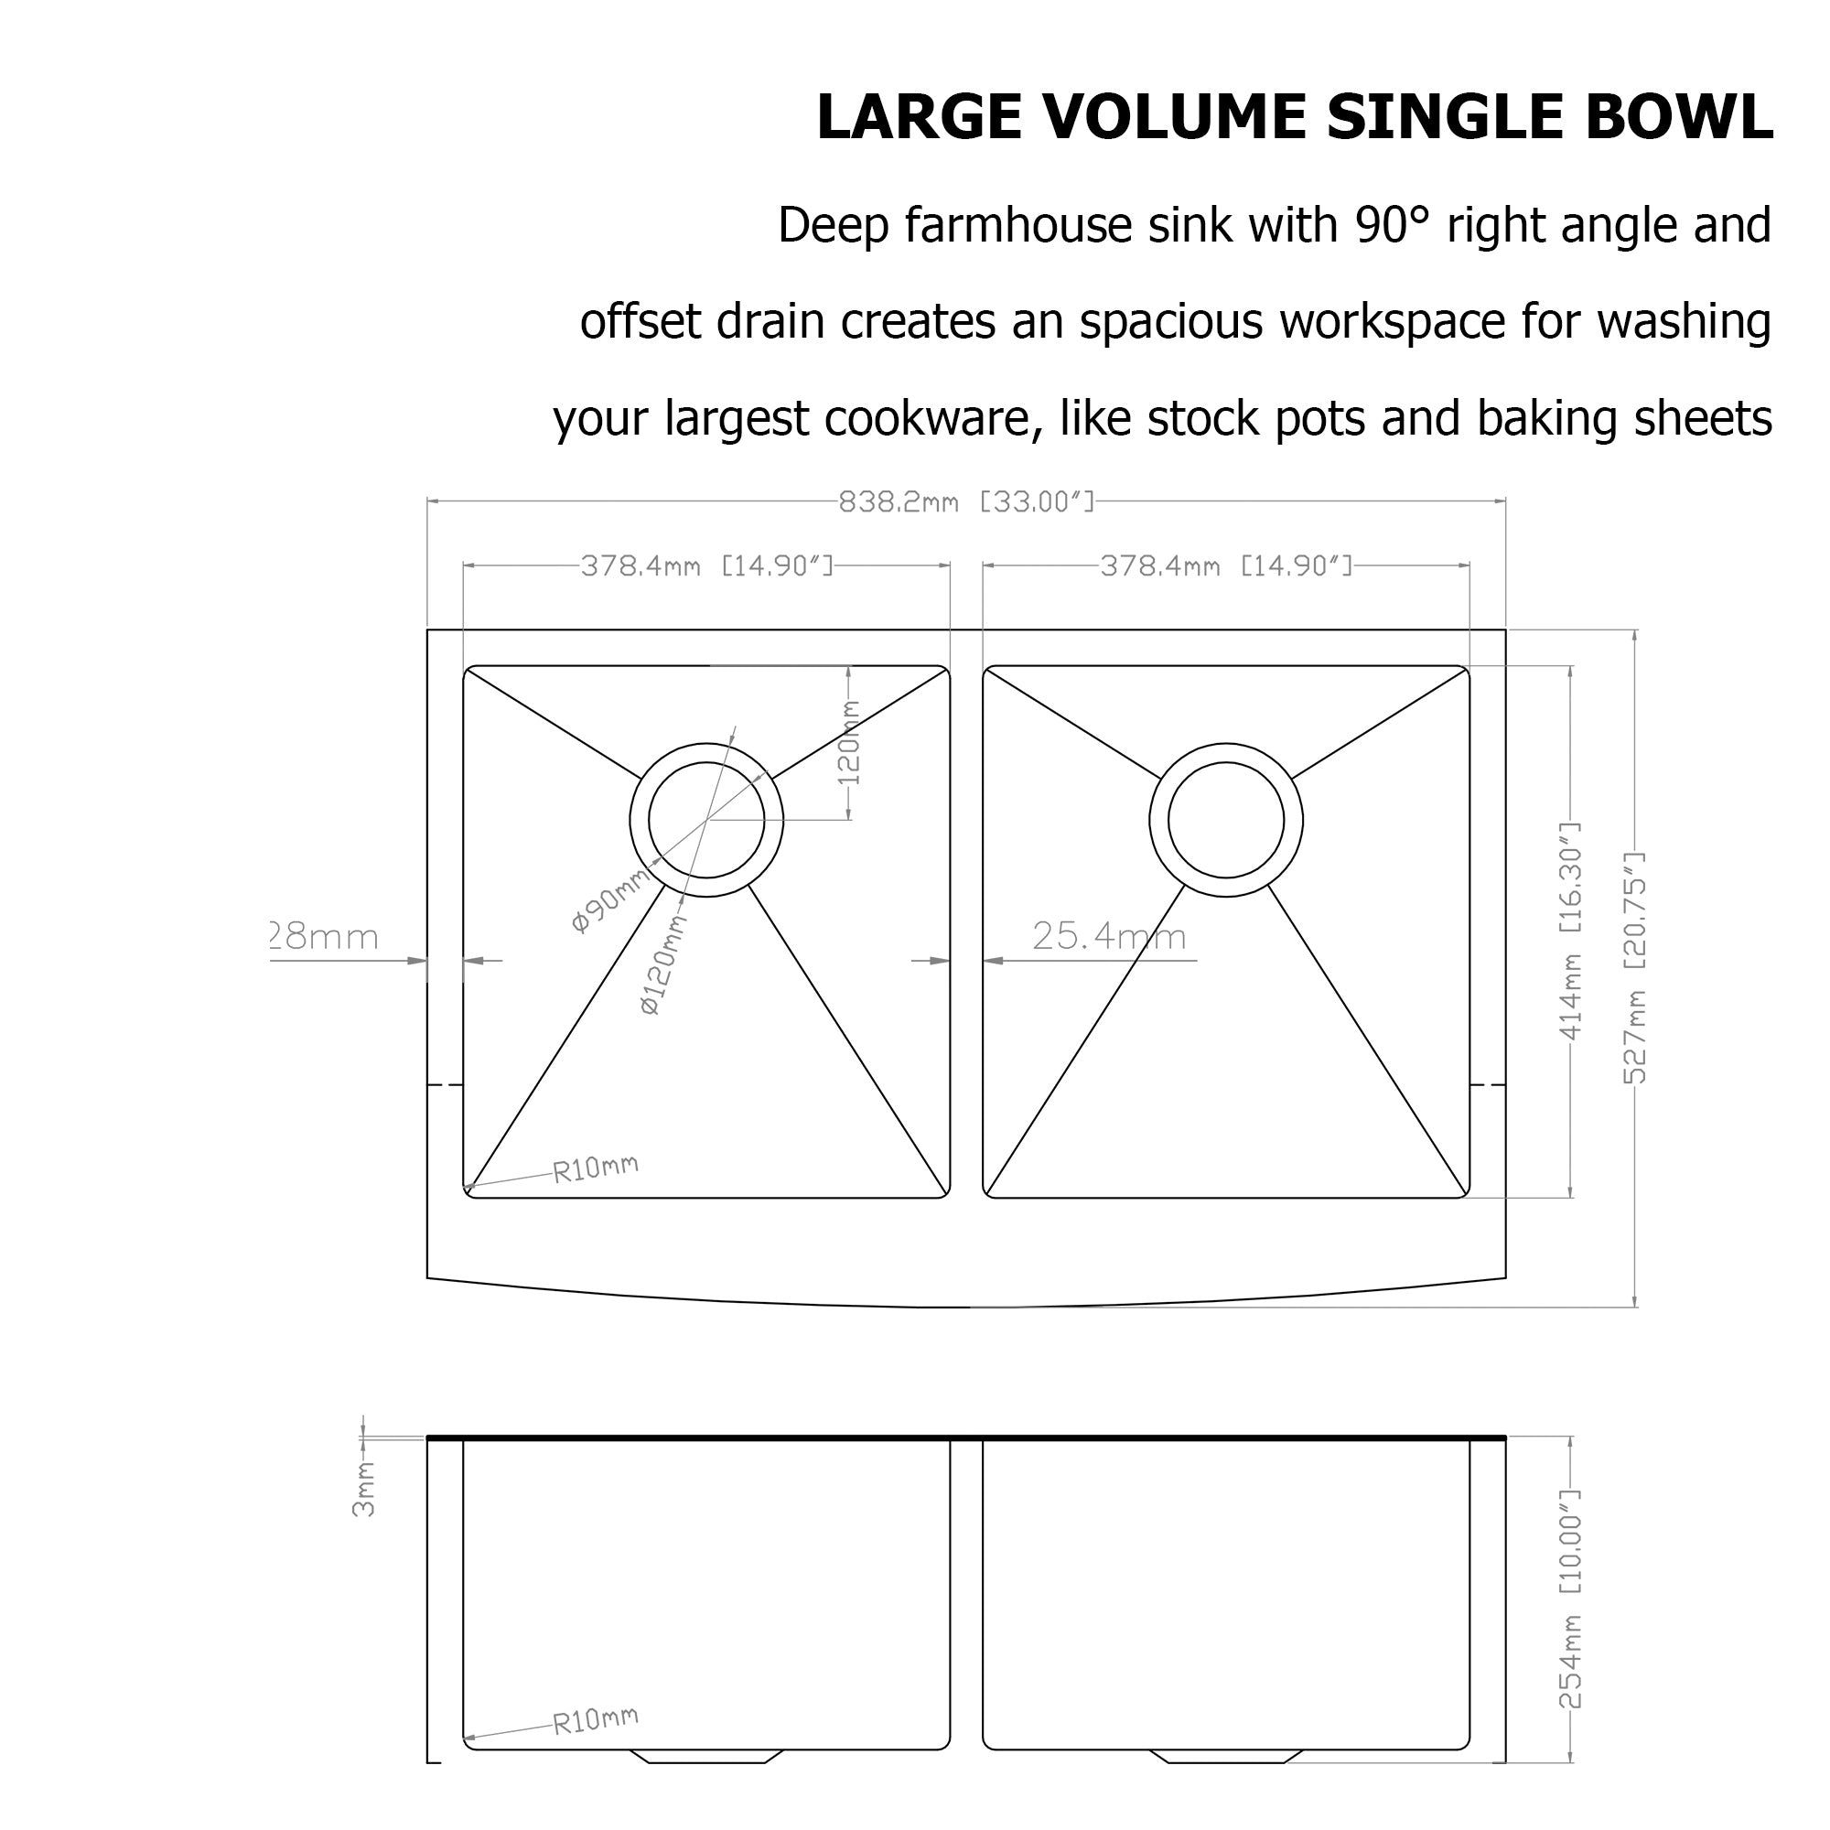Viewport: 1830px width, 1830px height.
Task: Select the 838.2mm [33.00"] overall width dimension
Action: click(966, 502)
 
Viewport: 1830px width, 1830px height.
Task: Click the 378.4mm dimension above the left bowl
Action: click(706, 566)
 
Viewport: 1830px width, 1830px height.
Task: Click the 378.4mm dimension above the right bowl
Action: click(1226, 566)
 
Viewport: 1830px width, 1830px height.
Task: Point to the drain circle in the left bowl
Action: click(706, 820)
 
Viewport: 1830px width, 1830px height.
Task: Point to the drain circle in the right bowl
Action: click(1226, 820)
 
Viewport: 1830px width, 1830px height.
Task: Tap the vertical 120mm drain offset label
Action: click(850, 743)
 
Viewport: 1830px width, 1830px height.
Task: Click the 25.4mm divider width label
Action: click(1108, 937)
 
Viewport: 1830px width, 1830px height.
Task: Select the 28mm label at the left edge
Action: click(325, 937)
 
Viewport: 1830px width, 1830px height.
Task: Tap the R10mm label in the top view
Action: click(596, 1168)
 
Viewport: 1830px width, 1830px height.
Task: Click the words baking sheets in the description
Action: click(1623, 419)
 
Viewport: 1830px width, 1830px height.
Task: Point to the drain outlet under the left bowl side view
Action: click(706, 1755)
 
